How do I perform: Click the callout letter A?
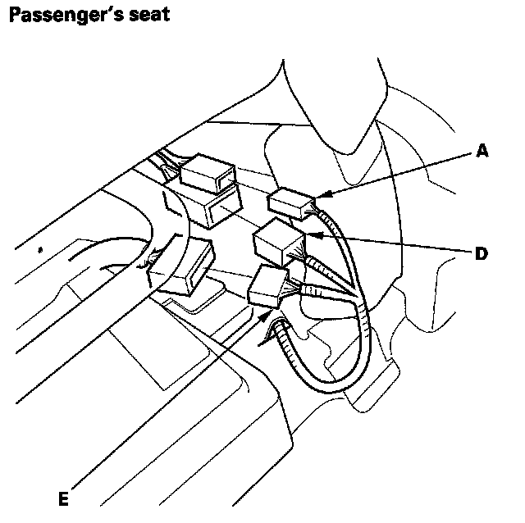[482, 152]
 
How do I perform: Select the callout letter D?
[482, 253]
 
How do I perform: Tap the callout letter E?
[62, 498]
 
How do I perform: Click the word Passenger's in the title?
[68, 15]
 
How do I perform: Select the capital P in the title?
[14, 15]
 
